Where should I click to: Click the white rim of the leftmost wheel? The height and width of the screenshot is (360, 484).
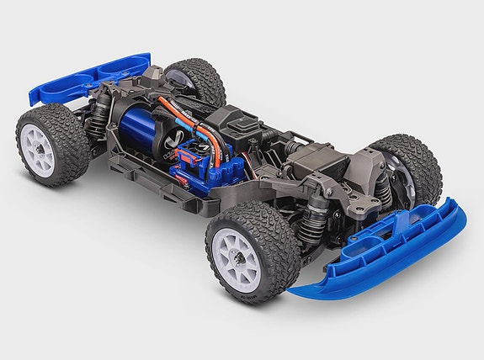pyautogui.click(x=39, y=151)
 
